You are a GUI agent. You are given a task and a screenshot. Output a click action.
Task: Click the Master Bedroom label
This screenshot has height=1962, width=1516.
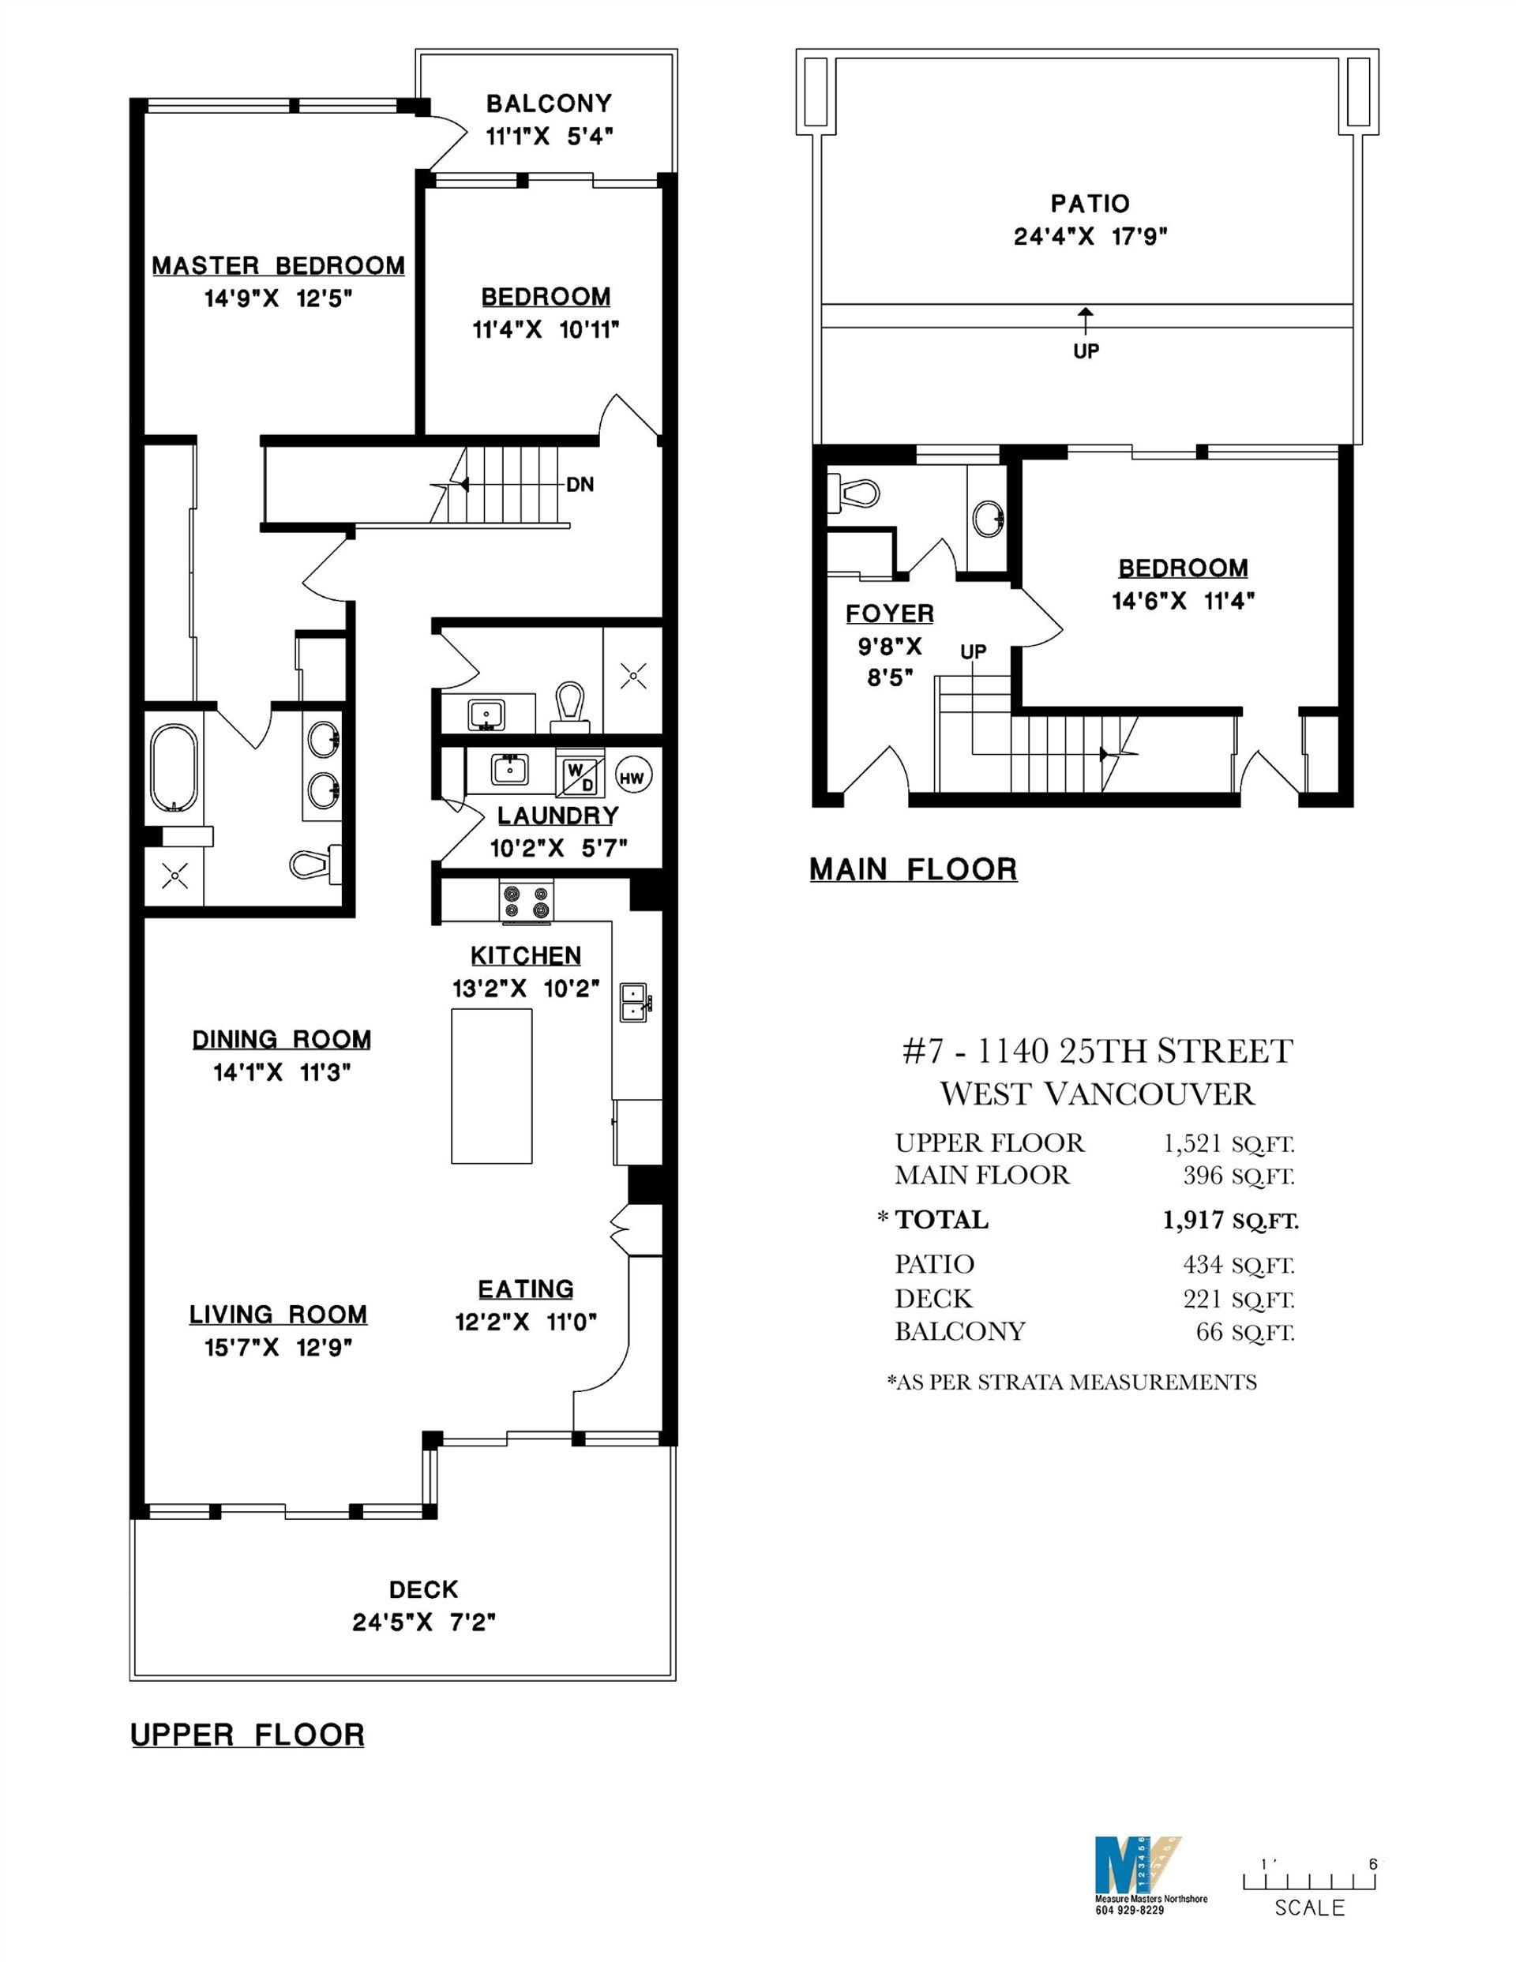(278, 266)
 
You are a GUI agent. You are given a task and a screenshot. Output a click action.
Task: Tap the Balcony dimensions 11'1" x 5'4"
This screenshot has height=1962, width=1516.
(549, 137)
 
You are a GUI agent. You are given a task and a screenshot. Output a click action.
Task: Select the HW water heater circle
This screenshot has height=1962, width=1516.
(632, 778)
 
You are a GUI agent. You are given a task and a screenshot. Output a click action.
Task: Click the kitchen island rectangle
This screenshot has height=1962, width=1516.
(490, 1085)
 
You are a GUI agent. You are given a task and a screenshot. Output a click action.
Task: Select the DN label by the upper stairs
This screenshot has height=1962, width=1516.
(580, 485)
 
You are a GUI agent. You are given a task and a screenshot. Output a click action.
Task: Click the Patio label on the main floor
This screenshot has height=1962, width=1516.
(1090, 204)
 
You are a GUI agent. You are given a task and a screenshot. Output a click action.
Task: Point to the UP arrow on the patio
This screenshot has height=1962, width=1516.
(1086, 317)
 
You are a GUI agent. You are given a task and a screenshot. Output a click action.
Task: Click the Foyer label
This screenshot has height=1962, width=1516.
(890, 613)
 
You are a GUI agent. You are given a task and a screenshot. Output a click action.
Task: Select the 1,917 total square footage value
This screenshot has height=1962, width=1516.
(1192, 1220)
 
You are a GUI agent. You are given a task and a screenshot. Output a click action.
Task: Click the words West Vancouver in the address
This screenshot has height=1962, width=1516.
(1097, 1094)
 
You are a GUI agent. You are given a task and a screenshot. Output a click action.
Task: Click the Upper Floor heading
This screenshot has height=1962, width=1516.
(248, 1735)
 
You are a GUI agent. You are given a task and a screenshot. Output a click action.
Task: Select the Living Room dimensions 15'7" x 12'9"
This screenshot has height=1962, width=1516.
(278, 1348)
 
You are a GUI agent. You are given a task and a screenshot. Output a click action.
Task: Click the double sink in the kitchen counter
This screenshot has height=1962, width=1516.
(633, 1002)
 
